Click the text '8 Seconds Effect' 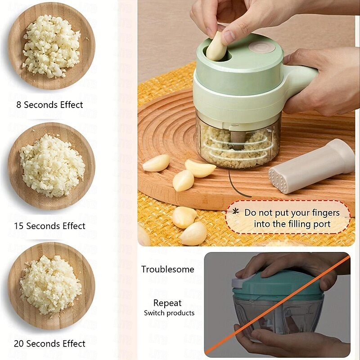click(x=49, y=105)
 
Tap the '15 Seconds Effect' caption click(x=49, y=226)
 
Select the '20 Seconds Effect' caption click(x=49, y=344)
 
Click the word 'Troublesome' click(x=167, y=269)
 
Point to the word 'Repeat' click(x=167, y=303)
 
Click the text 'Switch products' click(x=169, y=313)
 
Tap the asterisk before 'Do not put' click(x=235, y=211)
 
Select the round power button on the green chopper click(x=262, y=48)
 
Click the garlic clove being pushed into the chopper click(x=216, y=47)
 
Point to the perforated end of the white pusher click(x=278, y=179)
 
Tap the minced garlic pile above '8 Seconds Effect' click(x=51, y=46)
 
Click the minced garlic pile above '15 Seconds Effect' click(x=52, y=166)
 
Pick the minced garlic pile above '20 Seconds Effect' click(x=50, y=285)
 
